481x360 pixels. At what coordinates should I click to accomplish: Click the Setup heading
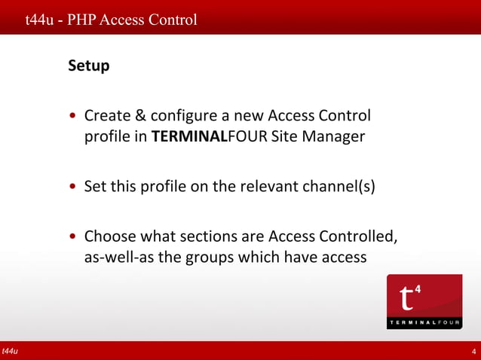point(89,66)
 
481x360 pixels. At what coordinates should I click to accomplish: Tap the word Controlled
point(357,236)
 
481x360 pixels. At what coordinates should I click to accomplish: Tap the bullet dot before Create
point(72,117)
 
